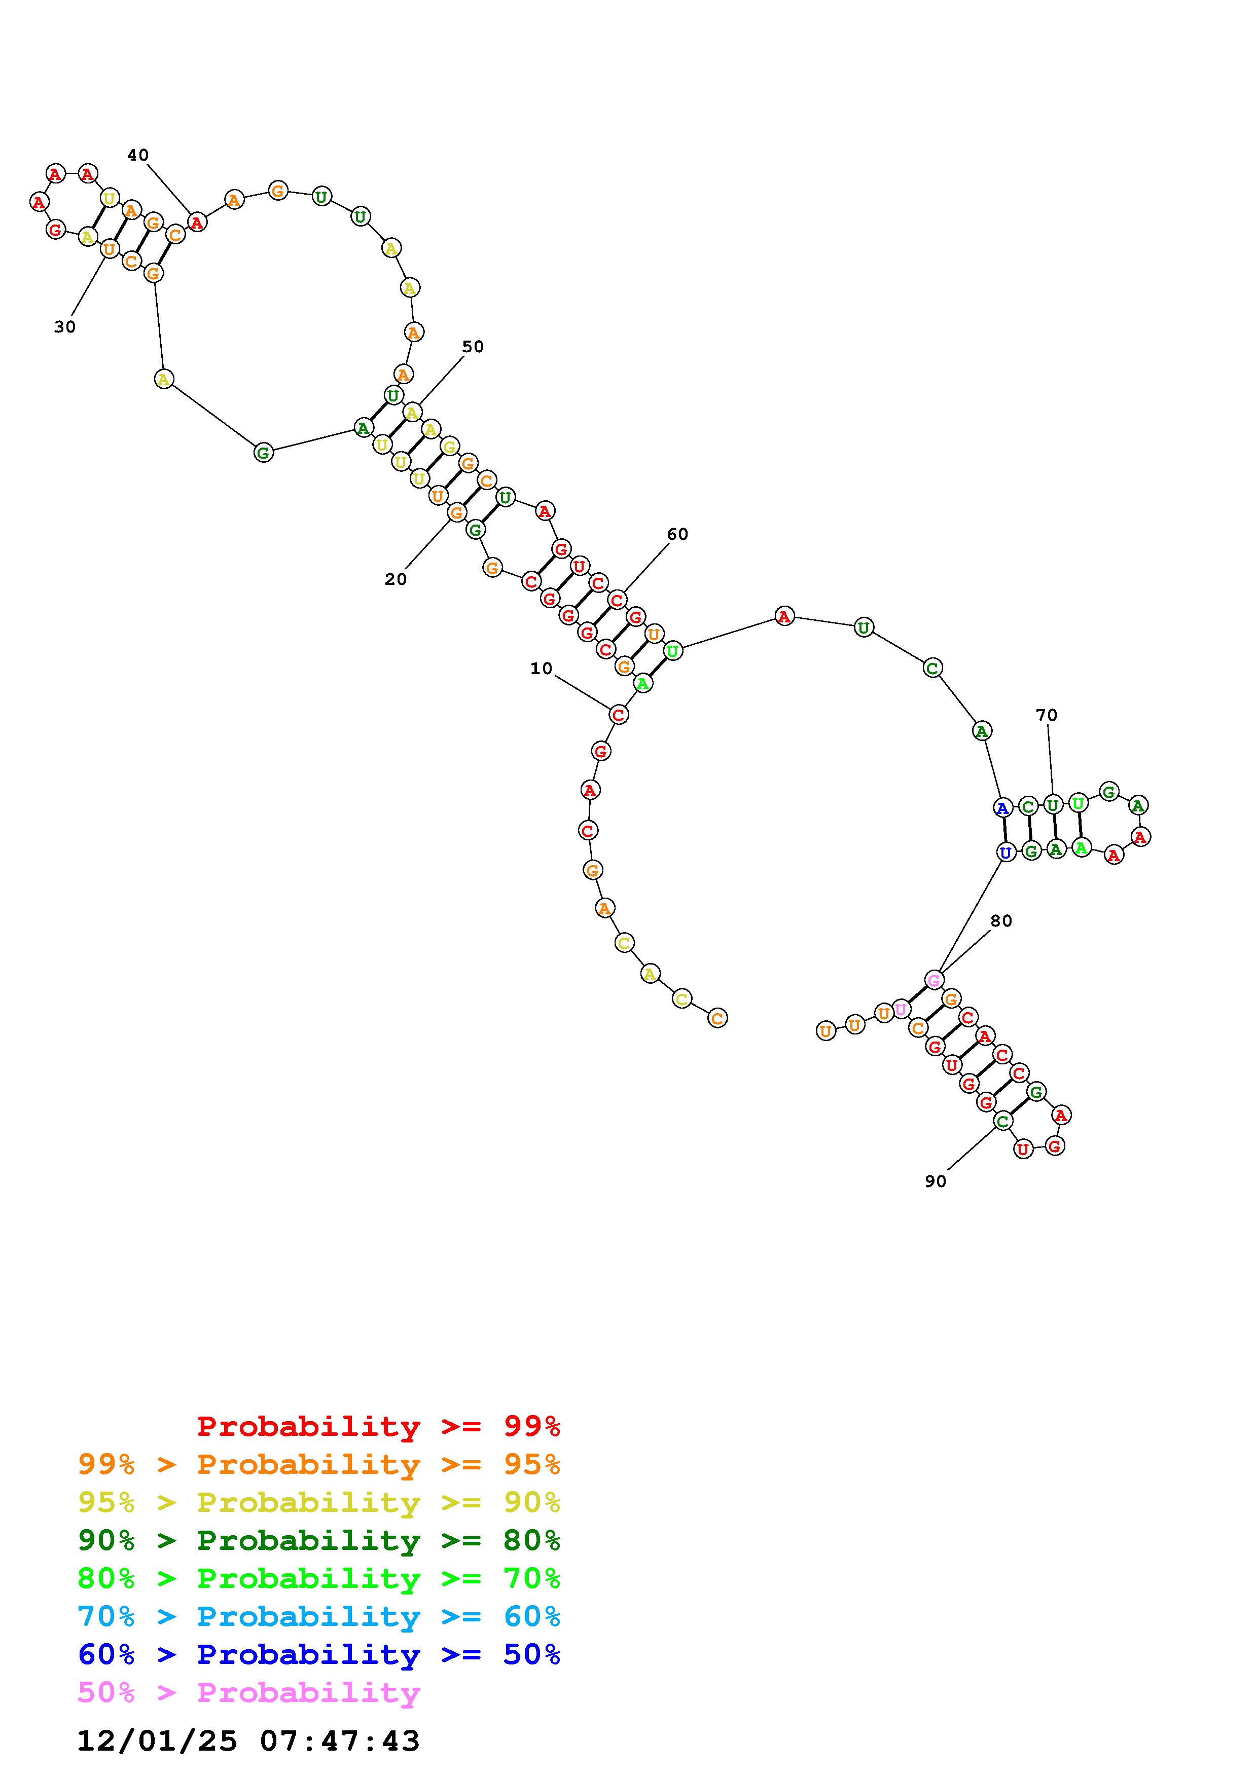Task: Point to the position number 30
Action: pos(65,327)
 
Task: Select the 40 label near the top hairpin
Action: pos(138,155)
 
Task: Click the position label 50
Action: pos(473,346)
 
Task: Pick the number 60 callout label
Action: pos(677,534)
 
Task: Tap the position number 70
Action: pos(1047,715)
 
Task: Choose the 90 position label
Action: pos(936,1181)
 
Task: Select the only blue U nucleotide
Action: pos(1005,853)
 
